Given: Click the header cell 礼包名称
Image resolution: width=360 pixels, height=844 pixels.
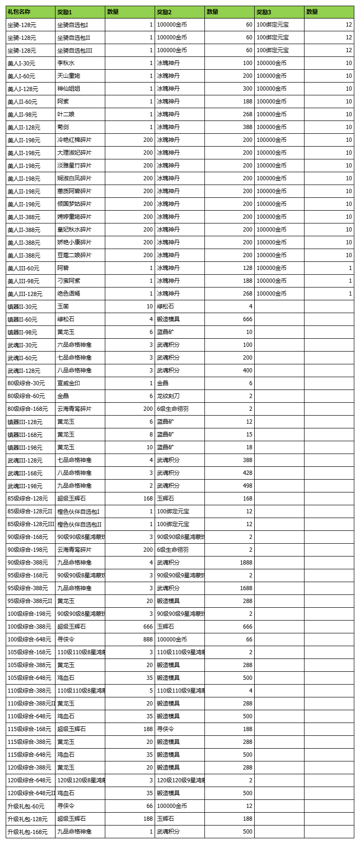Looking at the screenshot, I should point(19,12).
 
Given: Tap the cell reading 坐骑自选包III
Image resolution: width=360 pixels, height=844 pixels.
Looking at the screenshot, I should point(74,50).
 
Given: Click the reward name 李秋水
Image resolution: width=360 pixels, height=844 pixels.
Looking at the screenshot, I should point(66,63).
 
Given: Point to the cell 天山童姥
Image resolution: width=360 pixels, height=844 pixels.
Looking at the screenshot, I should point(69,76).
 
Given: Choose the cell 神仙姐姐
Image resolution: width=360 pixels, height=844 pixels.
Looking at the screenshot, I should point(69,89).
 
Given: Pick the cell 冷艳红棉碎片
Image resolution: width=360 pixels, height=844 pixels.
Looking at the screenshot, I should point(74,140).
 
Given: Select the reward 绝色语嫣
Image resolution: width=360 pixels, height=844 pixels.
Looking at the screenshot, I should point(69,294).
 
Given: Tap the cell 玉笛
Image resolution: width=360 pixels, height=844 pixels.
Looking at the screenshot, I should point(63,306).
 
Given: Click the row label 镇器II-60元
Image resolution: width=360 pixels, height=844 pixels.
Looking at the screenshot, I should point(22,319).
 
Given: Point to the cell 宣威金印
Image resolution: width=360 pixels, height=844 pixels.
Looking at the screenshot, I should point(69,383).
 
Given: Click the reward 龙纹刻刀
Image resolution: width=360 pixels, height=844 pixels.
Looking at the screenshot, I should point(168,396).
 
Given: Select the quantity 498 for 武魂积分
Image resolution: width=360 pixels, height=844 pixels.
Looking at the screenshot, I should point(247,486).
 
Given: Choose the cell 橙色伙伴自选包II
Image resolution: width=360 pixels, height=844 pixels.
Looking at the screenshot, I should point(79,524).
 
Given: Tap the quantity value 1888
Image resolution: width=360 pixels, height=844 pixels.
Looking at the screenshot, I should point(246,563).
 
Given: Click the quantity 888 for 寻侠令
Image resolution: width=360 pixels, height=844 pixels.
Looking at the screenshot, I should point(148,640).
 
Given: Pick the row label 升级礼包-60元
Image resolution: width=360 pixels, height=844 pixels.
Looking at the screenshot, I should point(26,806).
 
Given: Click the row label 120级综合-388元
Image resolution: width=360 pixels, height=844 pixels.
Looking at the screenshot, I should point(29,768).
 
